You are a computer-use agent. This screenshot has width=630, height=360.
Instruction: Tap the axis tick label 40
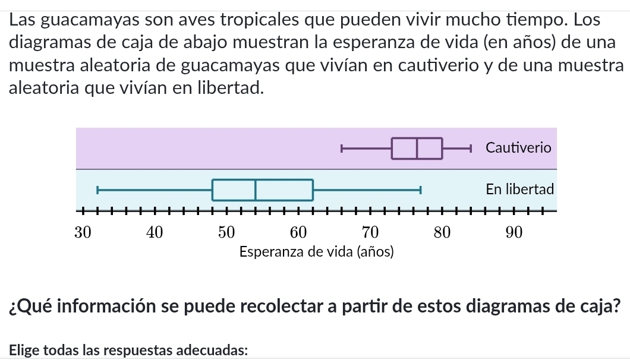tap(154, 232)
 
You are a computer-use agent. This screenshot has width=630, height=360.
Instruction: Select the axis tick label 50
tap(226, 232)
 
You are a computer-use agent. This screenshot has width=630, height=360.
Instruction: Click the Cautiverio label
tap(518, 147)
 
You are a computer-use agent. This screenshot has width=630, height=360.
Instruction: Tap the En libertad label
tap(519, 190)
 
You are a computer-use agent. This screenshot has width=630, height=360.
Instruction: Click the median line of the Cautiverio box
tap(417, 148)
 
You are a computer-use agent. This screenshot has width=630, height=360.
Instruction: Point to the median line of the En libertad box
tap(256, 190)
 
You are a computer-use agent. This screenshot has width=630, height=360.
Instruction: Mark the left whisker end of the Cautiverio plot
tap(342, 148)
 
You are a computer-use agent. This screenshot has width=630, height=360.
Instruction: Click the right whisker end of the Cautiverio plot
tap(471, 148)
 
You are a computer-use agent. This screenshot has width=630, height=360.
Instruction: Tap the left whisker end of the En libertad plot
tap(97, 190)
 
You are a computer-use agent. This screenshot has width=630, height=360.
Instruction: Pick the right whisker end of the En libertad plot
tap(420, 190)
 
